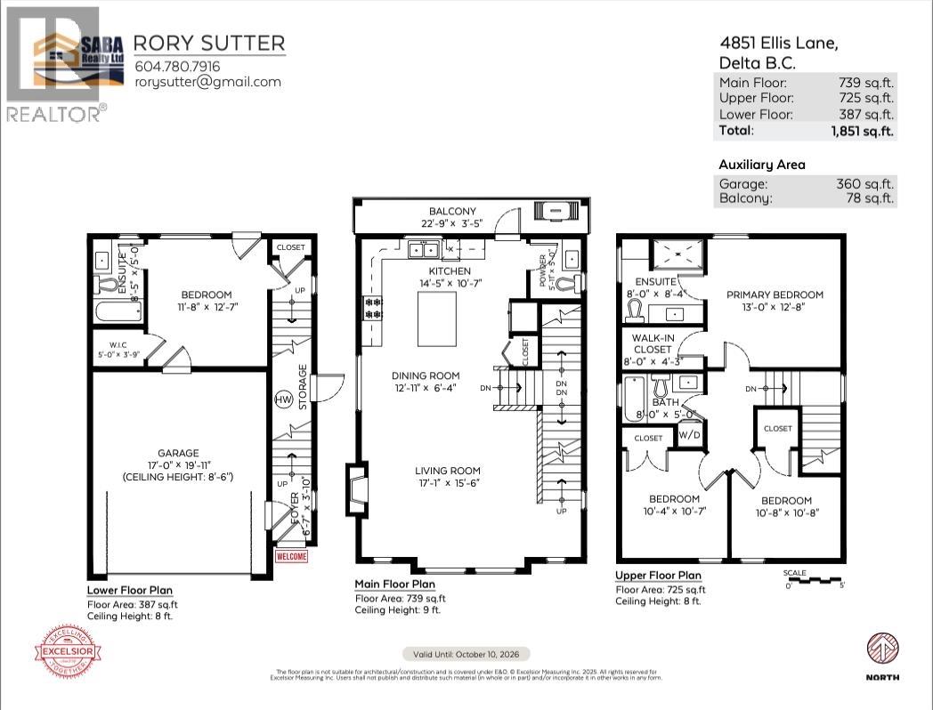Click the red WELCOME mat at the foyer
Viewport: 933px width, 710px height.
291,557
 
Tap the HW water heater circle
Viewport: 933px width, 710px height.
284,399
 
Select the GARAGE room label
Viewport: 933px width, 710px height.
179,453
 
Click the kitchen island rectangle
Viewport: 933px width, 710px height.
437,316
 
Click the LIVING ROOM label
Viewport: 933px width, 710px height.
447,472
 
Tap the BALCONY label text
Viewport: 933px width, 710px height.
453,212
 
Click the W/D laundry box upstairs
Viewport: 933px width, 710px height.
689,435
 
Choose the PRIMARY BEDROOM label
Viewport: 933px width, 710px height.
775,294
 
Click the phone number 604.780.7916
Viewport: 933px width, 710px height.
177,66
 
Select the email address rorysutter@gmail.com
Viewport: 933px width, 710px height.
207,82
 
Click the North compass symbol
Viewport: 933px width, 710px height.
881,648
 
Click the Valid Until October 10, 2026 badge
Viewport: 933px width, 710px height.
466,652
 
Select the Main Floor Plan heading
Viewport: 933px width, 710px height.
395,585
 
